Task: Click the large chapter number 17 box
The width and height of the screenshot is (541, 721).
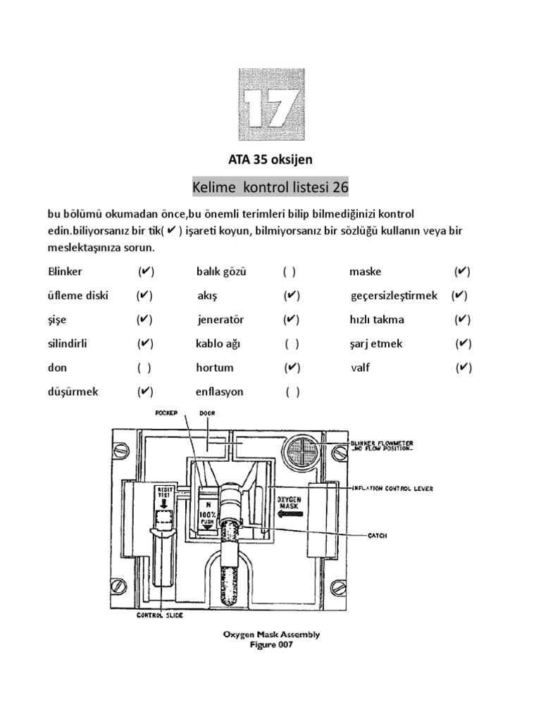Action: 270,104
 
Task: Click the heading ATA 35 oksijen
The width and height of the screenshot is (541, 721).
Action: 270,161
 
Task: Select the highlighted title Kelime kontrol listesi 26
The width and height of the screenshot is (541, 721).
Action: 270,188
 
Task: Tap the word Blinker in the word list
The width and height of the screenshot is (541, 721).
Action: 66,272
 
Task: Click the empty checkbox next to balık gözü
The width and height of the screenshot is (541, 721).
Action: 290,272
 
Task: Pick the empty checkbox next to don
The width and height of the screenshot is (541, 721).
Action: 144,368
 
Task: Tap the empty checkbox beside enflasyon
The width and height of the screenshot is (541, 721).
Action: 292,391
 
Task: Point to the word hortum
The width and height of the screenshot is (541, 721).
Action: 215,368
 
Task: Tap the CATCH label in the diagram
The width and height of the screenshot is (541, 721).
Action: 378,536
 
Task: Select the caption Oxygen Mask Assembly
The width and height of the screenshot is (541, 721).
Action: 271,634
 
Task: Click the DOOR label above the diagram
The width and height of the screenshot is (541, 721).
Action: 206,415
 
